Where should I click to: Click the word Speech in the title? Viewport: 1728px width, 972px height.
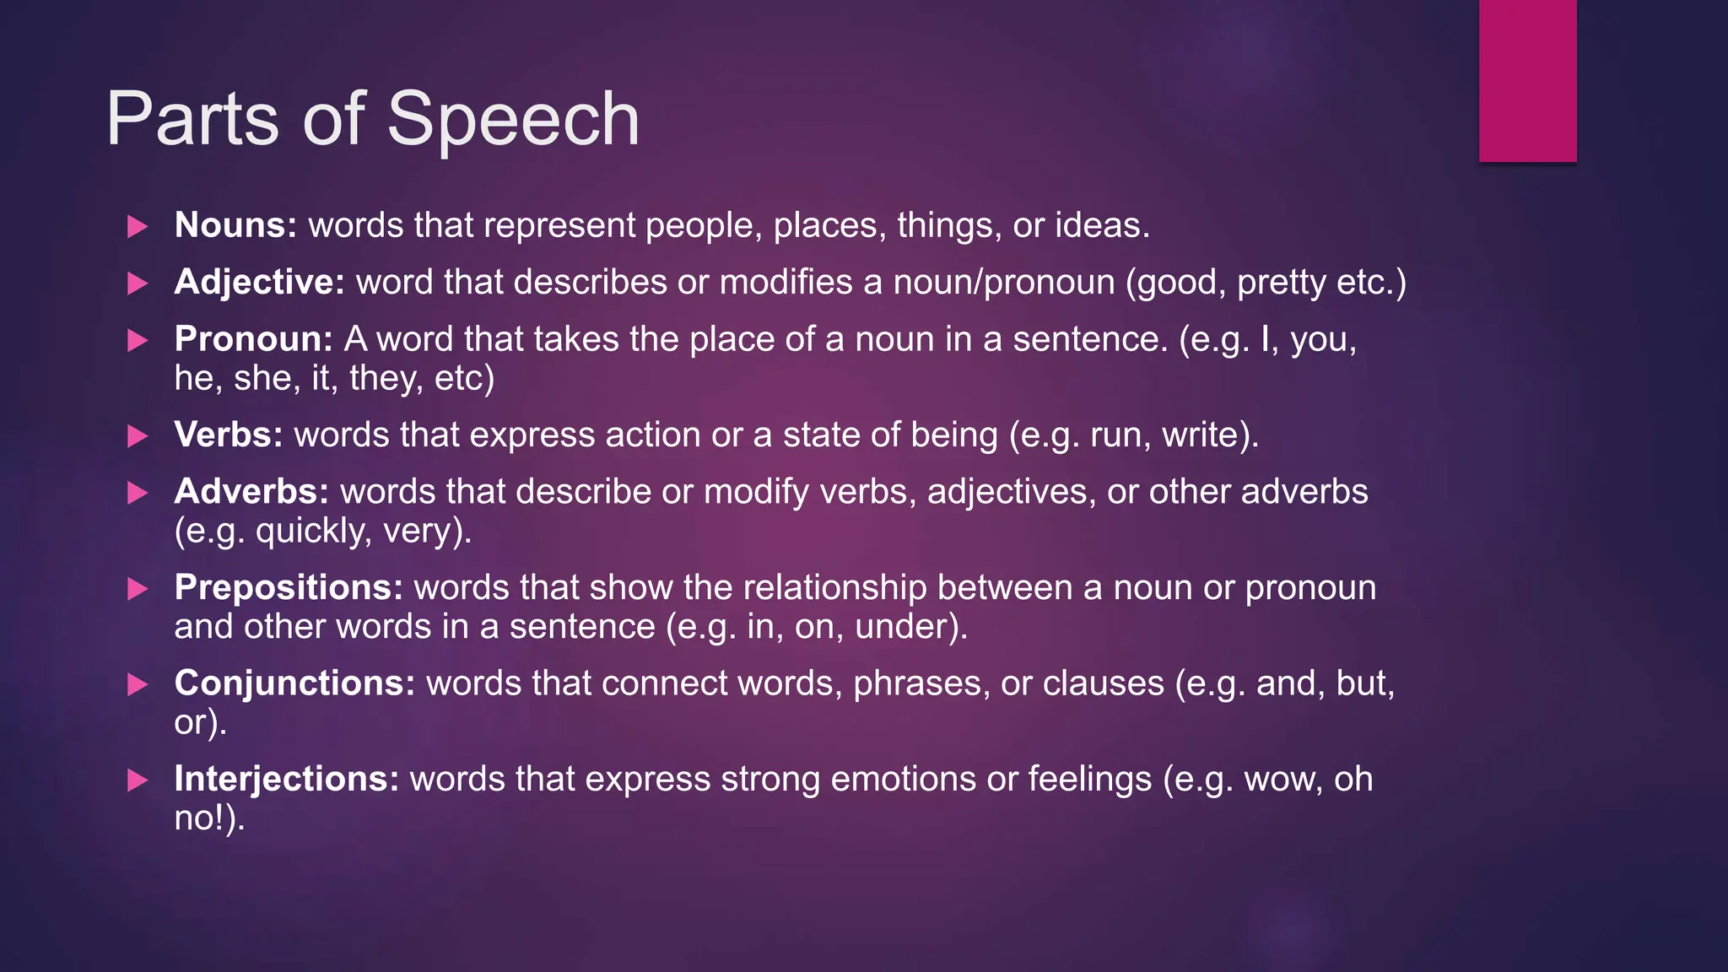click(x=513, y=121)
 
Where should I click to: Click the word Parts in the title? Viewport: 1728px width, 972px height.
click(x=192, y=119)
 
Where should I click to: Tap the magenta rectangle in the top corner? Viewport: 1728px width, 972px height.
click(x=1527, y=80)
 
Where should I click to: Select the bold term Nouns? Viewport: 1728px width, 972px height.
click(x=235, y=225)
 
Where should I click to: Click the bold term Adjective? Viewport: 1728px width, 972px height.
click(x=259, y=282)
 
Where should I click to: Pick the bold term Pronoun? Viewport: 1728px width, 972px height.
click(x=253, y=339)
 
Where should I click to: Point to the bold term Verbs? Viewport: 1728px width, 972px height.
click(x=228, y=435)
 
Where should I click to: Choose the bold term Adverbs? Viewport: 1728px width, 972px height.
click(x=251, y=492)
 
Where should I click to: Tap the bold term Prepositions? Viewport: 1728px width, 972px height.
click(x=289, y=588)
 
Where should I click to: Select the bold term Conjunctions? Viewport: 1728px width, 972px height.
click(x=294, y=683)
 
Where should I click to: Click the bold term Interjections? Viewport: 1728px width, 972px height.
click(x=286, y=779)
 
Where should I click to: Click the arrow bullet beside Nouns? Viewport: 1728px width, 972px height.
click(x=138, y=226)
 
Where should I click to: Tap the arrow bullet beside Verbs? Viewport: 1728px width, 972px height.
click(x=138, y=436)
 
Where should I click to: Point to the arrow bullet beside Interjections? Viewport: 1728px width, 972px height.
click(x=138, y=780)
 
